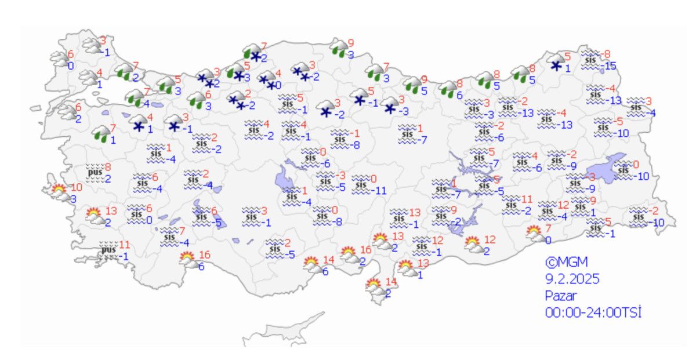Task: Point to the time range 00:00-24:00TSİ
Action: [x=593, y=313]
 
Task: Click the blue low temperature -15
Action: [x=610, y=67]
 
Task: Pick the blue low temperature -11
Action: [x=379, y=190]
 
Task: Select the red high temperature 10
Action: [x=77, y=188]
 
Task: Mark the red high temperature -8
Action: [x=607, y=54]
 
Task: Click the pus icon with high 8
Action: [x=95, y=173]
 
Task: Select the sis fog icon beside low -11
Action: [x=362, y=184]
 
